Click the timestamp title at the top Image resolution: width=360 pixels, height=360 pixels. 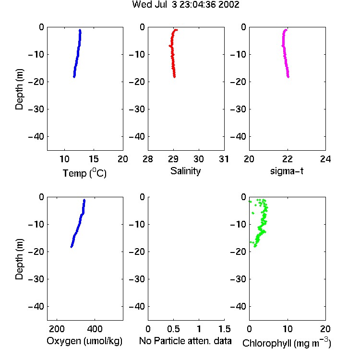(186, 5)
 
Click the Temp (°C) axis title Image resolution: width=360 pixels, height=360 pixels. (84, 173)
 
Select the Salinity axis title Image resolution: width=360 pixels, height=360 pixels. (185, 171)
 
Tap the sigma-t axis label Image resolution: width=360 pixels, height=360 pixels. (287, 171)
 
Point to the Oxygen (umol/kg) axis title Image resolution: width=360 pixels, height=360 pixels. (84, 341)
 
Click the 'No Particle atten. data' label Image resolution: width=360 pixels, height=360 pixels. (185, 341)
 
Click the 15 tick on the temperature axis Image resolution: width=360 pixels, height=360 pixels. (94, 159)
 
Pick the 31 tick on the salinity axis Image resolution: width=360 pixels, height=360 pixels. (224, 159)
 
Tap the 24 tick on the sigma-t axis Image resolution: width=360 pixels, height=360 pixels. (325, 159)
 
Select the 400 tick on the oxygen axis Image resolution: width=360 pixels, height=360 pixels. (95, 329)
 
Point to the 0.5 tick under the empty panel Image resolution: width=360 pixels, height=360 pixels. (173, 329)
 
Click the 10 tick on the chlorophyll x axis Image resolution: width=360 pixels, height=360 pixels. (288, 329)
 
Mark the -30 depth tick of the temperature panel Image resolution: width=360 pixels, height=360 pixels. (36, 109)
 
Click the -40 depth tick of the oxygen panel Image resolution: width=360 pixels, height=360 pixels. (36, 306)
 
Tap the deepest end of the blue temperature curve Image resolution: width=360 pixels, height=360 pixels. (74, 77)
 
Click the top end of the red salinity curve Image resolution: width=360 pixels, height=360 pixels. (176, 30)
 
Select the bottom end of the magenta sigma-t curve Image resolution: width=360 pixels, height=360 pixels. (288, 77)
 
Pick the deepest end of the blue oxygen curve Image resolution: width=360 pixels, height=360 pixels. (72, 247)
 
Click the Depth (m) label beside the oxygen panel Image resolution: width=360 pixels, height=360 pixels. (19, 259)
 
